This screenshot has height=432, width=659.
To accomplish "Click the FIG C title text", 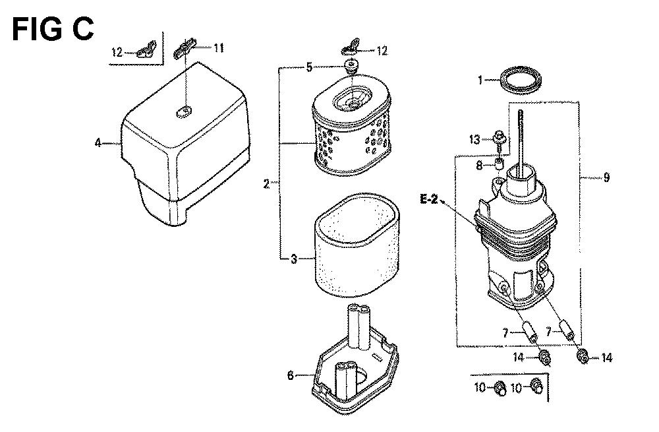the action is click(x=53, y=30).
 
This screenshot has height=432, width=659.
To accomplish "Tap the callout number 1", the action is click(x=480, y=80).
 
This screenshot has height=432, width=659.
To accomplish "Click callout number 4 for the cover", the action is click(x=98, y=143).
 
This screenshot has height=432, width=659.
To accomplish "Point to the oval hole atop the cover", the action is click(x=183, y=111).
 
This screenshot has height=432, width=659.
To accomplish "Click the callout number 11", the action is click(x=219, y=48).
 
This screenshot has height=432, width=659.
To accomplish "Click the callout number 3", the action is click(x=294, y=259).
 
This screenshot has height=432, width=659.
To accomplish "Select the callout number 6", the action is click(x=291, y=375).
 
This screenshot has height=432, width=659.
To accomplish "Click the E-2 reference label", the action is click(x=429, y=199).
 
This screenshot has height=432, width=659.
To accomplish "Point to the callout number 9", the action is click(x=606, y=177).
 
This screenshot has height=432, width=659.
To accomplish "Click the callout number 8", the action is click(x=480, y=166).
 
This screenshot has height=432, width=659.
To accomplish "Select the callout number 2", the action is click(x=266, y=184).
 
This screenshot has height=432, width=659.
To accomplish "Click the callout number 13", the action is click(x=474, y=139).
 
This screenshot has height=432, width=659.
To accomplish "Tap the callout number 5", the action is click(x=309, y=67).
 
